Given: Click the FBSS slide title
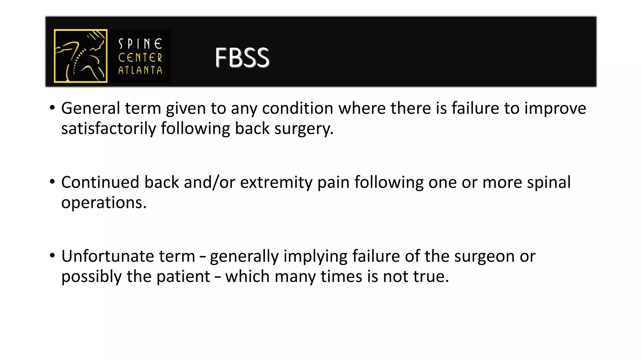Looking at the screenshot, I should point(242,58).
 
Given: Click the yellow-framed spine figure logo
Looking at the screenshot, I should point(81,56).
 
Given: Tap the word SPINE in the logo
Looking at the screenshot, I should point(140,44).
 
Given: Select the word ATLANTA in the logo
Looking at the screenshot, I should point(140,70).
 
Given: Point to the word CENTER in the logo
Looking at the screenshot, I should point(140,58).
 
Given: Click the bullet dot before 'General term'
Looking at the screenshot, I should point(52,107).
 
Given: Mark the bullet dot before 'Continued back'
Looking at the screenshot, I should point(52,181).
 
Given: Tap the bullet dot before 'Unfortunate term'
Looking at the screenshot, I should point(52,255).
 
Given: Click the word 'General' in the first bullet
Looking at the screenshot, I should point(91,108).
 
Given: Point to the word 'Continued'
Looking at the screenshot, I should point(100,182).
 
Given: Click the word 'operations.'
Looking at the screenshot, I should point(104,203).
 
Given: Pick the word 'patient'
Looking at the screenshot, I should point(183,277).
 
